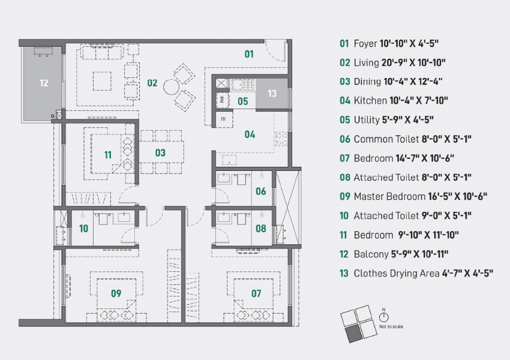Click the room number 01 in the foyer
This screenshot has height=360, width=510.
[x=249, y=54]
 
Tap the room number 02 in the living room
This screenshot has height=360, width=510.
[x=152, y=83]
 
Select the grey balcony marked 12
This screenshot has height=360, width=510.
[x=41, y=83]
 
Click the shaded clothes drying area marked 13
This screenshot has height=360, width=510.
[x=272, y=94]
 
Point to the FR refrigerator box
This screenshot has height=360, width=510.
[x=223, y=119]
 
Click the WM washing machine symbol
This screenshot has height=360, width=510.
[x=222, y=100]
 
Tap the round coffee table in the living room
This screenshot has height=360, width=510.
[x=172, y=87]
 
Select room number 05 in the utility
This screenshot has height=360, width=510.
[x=242, y=101]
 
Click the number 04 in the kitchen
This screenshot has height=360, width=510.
[x=250, y=134]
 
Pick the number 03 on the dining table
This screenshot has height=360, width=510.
[x=160, y=152]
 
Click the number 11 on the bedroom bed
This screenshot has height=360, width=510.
[x=108, y=155]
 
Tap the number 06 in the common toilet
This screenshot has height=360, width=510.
[x=261, y=191]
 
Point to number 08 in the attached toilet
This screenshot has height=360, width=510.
[x=261, y=229]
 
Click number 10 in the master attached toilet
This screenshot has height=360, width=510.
[x=83, y=229]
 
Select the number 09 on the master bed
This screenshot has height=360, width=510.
[x=116, y=293]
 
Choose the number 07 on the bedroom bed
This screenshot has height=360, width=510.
[x=256, y=293]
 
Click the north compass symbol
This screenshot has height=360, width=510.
[x=384, y=316]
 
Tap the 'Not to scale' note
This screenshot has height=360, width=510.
[x=391, y=326]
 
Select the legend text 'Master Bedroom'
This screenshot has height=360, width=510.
[x=389, y=197]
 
